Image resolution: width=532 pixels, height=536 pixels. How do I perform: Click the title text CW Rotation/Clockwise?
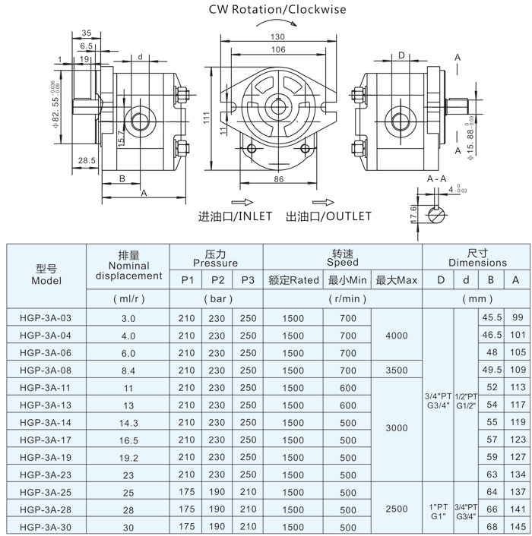277,10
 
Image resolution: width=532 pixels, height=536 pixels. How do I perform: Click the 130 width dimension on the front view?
277,37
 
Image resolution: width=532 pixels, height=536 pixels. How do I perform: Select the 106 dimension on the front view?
277,50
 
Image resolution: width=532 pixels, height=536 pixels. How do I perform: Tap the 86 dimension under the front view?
279,180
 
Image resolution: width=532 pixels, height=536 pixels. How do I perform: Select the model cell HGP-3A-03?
46,317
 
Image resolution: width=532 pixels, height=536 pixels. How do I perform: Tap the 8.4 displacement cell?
128,370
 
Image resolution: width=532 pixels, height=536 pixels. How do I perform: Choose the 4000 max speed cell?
397,335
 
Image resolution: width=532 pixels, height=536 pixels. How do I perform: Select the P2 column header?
217,280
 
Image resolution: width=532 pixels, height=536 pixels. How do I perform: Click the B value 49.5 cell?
490,370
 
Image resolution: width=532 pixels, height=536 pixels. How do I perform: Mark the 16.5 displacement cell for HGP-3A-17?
128,440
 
